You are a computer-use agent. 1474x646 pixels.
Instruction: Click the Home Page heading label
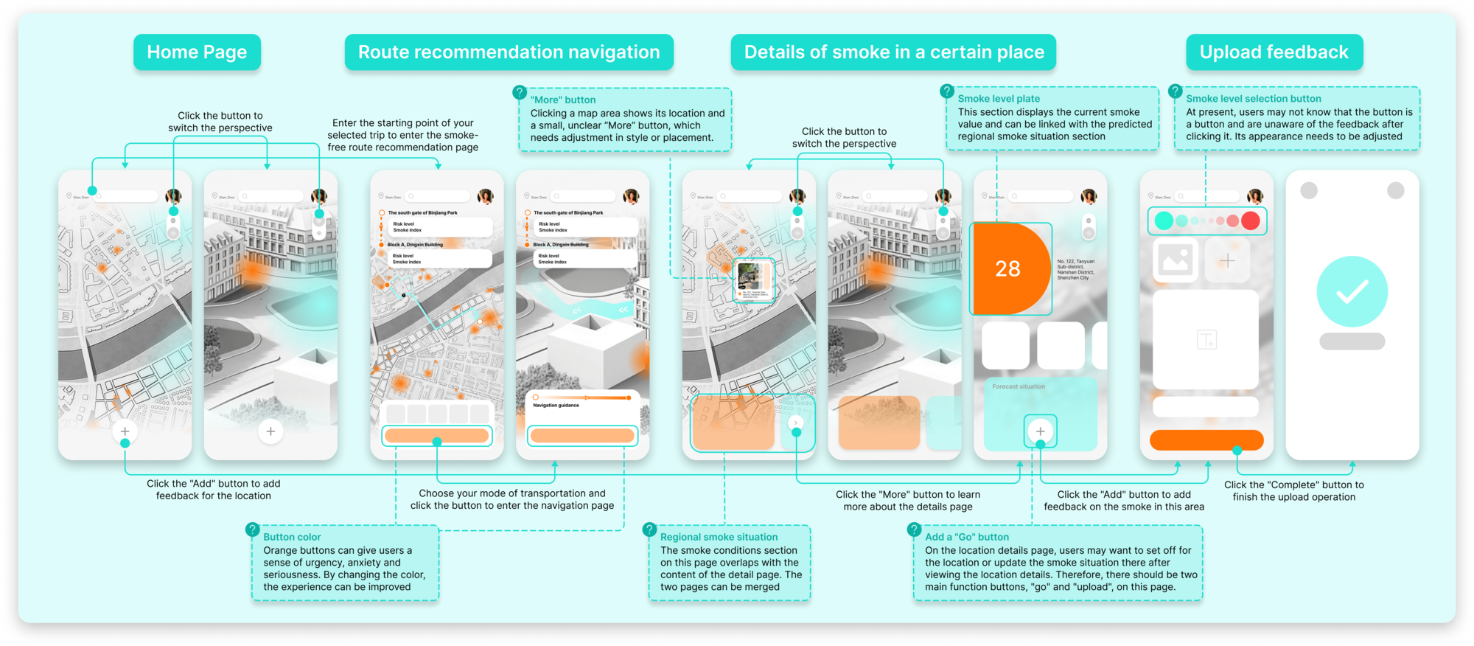tap(197, 52)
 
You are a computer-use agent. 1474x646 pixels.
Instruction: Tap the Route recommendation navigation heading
tap(509, 52)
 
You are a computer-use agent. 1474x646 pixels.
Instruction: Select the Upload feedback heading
tap(1274, 52)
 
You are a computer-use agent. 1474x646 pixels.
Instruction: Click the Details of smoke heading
tap(893, 52)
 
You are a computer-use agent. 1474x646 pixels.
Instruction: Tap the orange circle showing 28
tap(1007, 268)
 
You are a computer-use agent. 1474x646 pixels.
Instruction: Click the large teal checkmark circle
tap(1352, 292)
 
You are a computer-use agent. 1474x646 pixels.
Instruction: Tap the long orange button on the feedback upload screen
tap(1206, 440)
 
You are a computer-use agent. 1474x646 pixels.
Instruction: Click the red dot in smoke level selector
tap(1250, 220)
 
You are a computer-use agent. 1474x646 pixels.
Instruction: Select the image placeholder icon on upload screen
tap(1175, 260)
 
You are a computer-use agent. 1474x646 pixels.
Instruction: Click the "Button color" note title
tap(292, 537)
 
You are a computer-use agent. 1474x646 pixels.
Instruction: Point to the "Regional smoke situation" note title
tap(719, 537)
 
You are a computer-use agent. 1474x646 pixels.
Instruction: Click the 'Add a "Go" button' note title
tap(967, 537)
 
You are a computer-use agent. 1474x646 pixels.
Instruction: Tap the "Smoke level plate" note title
tap(999, 99)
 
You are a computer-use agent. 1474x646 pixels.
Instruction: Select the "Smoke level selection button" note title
tap(1253, 99)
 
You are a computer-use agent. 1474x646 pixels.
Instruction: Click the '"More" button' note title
tap(563, 100)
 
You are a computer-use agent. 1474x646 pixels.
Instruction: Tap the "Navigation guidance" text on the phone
tap(556, 405)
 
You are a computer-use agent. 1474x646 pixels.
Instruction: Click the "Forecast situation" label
tap(1019, 386)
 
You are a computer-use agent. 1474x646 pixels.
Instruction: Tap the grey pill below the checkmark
tap(1352, 341)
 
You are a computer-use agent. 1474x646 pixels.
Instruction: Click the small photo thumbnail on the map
tap(749, 277)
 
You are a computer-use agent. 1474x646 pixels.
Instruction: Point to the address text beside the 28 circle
tap(1076, 269)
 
